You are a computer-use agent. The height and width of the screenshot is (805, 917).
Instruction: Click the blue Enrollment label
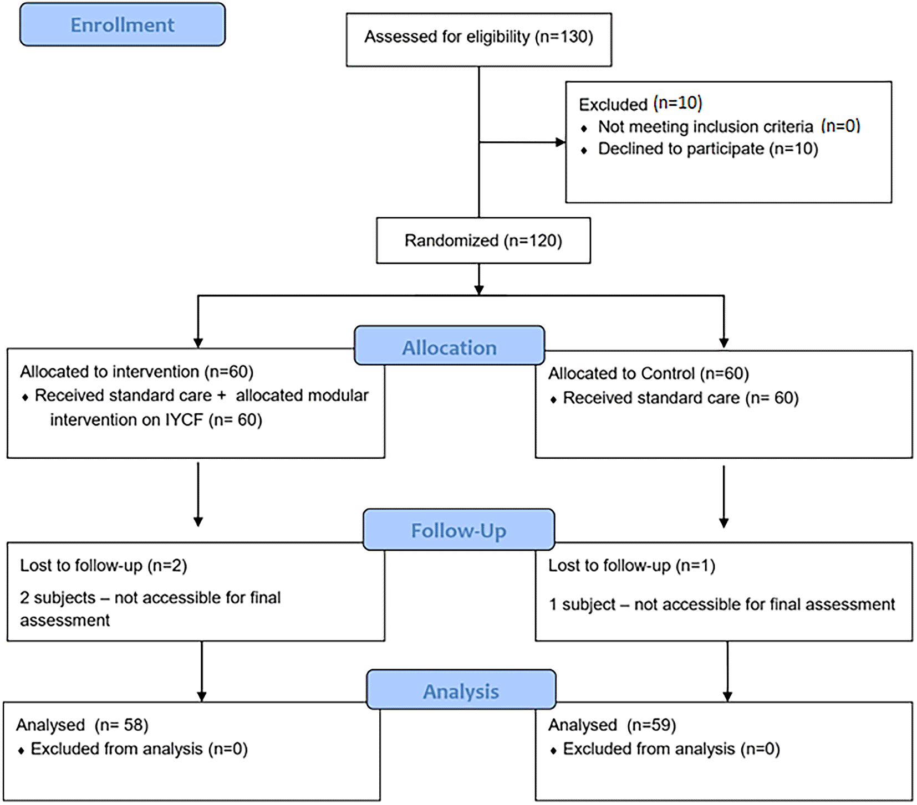click(123, 25)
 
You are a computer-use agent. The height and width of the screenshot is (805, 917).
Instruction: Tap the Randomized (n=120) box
click(483, 240)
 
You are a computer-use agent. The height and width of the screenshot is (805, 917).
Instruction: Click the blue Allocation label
click(449, 347)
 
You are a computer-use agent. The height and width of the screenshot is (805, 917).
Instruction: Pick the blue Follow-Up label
click(459, 530)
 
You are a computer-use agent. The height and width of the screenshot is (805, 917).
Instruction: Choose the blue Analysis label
click(461, 691)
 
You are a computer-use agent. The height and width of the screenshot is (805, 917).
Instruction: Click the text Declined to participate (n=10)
click(708, 149)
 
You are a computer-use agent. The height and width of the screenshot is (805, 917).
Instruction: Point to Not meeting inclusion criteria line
click(728, 126)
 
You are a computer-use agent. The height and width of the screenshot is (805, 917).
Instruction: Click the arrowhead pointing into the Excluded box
click(561, 142)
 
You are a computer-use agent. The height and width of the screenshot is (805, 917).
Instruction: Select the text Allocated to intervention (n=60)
click(136, 372)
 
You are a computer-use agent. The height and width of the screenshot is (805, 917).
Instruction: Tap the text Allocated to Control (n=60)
click(648, 373)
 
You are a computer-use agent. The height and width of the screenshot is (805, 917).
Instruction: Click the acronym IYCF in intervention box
click(184, 420)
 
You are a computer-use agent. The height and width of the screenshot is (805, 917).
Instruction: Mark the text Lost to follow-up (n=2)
click(104, 566)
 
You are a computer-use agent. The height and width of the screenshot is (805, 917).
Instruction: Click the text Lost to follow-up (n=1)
click(631, 566)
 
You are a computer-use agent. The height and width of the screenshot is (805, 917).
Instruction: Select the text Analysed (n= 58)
click(82, 725)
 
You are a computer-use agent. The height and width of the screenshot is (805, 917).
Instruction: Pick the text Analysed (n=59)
click(612, 725)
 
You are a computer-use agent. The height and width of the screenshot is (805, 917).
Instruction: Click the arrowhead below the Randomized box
click(479, 290)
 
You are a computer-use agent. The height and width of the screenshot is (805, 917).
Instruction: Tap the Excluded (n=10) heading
click(640, 104)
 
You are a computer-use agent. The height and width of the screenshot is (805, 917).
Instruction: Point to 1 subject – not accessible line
click(721, 604)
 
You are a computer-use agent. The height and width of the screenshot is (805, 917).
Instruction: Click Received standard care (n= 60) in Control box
click(680, 398)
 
